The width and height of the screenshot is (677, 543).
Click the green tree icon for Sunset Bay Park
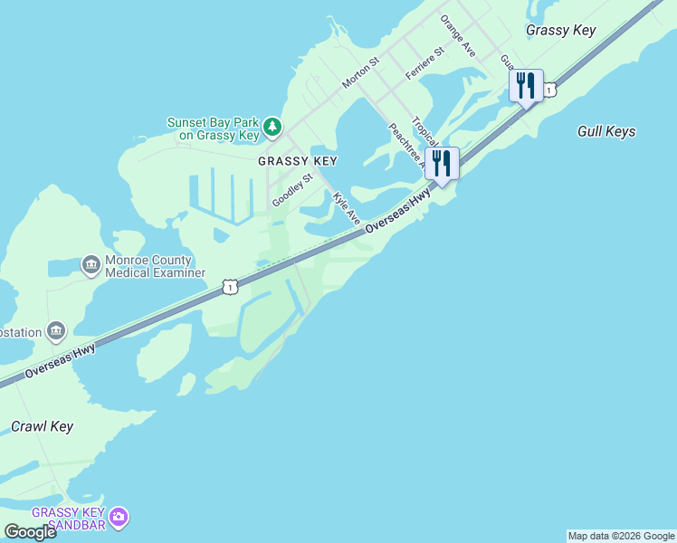pyautogui.click(x=272, y=128)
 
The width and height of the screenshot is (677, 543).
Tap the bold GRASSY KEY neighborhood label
pyautogui.click(x=297, y=161)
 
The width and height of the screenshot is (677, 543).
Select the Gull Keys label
pyautogui.click(x=606, y=131)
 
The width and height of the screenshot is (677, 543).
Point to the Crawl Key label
pyautogui.click(x=43, y=426)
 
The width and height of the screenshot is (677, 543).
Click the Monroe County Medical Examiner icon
pyautogui.click(x=91, y=264)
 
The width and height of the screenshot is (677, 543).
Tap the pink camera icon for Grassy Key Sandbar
pyautogui.click(x=119, y=518)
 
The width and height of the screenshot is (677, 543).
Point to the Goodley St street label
pyautogui.click(x=292, y=191)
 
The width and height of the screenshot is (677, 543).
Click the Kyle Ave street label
pyautogui.click(x=346, y=208)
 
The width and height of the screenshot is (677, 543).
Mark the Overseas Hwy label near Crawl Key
pyautogui.click(x=61, y=361)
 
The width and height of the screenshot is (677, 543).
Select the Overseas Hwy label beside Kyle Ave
pyautogui.click(x=397, y=216)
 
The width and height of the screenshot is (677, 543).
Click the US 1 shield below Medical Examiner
pyautogui.click(x=230, y=287)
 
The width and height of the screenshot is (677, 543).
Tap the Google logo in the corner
pyautogui.click(x=30, y=532)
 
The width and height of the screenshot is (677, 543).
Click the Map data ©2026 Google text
pyautogui.click(x=621, y=536)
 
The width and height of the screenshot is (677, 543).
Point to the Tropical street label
pyautogui.click(x=424, y=130)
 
